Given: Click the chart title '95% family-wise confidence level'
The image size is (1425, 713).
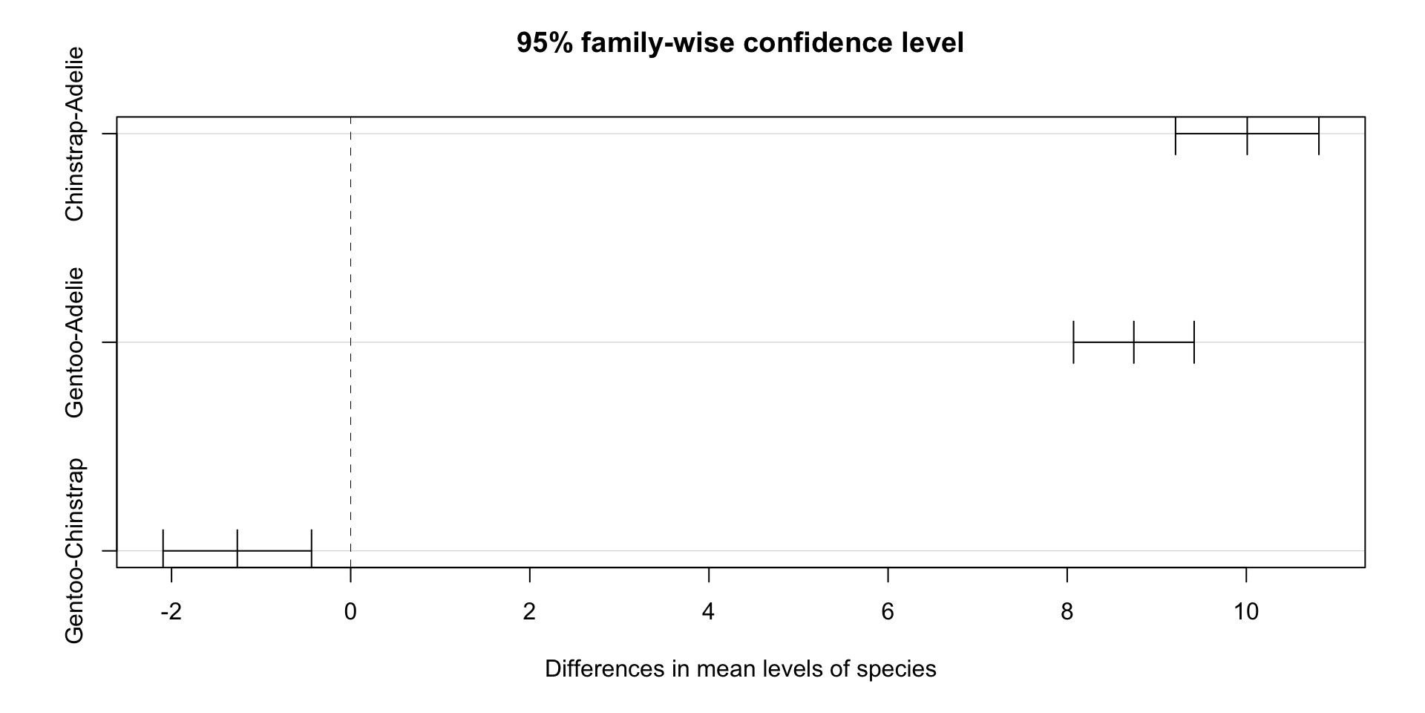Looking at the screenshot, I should [x=740, y=43].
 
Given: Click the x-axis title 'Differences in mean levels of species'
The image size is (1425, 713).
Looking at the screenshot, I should [x=740, y=669].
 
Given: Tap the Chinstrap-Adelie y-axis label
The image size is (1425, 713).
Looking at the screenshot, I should [x=74, y=134].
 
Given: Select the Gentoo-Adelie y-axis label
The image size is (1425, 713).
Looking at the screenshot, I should [x=74, y=342].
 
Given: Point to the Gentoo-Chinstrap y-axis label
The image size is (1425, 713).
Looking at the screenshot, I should [x=74, y=550].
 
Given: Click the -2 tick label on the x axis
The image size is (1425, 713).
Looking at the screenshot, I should [x=171, y=612].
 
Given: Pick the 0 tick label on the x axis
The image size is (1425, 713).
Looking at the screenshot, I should [x=350, y=612].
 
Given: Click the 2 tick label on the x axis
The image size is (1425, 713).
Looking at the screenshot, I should [x=529, y=612].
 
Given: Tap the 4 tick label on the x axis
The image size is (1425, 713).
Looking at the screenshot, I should [x=709, y=612].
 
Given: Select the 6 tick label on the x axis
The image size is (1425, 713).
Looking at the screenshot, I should [x=888, y=612].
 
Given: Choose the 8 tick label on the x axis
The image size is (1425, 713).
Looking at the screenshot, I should [x=1067, y=612].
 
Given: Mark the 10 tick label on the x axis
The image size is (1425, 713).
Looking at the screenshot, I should [x=1246, y=612].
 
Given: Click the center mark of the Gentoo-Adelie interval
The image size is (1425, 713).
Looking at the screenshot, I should [x=1134, y=342].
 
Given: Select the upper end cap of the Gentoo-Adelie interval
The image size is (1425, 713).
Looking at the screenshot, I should [x=1194, y=342].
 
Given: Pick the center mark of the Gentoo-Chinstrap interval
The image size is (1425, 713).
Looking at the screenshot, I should [x=237, y=550].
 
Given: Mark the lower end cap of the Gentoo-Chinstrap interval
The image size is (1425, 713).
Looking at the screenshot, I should [x=163, y=550].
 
